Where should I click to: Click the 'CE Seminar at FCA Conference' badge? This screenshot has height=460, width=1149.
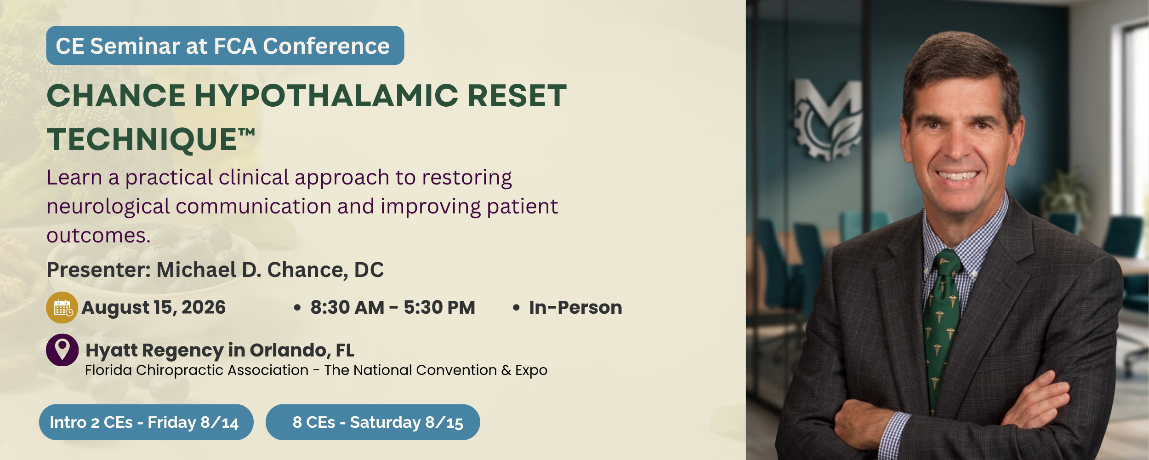(225, 46)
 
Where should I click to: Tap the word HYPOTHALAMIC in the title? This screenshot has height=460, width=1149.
(327, 96)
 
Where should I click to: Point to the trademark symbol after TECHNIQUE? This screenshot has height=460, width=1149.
(246, 132)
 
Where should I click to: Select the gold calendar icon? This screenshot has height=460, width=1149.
(62, 307)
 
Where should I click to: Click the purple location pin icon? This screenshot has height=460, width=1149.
(62, 350)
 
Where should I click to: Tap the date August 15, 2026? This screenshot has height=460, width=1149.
(154, 308)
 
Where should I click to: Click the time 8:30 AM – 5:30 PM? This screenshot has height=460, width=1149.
(393, 307)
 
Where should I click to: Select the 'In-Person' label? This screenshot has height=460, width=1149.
(575, 307)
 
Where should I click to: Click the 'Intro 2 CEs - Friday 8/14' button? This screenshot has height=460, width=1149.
(146, 422)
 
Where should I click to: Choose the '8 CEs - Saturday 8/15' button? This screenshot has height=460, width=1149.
(373, 422)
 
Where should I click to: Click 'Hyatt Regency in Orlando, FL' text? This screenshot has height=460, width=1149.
(220, 351)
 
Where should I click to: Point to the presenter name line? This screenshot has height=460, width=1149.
(215, 270)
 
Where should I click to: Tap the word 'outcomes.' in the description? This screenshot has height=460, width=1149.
(99, 236)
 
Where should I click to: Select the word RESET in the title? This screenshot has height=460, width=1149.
(517, 96)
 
